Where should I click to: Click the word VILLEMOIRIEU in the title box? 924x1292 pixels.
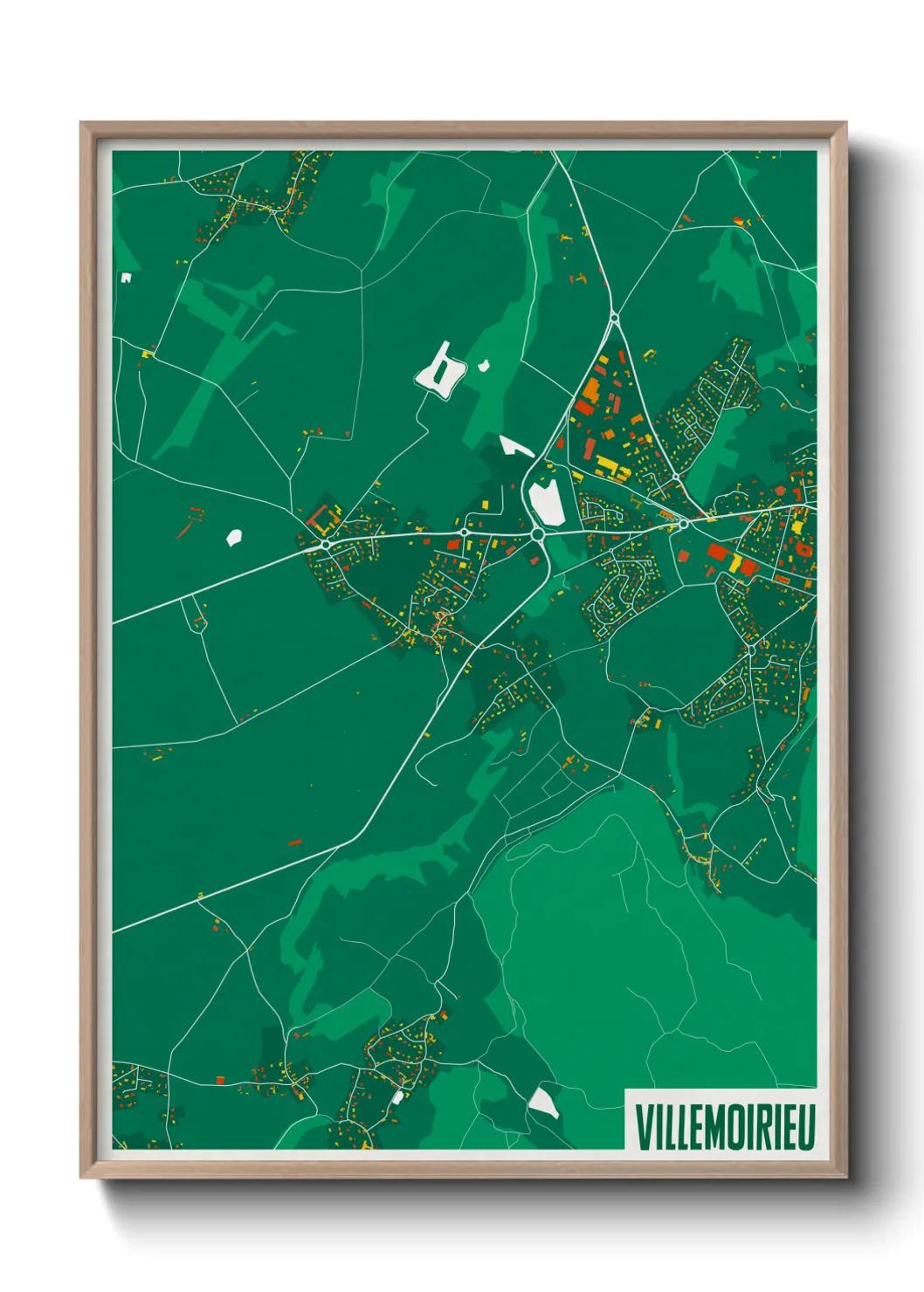724,1126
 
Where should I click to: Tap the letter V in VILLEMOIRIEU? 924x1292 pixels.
643,1126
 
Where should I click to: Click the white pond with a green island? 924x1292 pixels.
440,370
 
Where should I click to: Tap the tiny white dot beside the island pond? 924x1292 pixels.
483,366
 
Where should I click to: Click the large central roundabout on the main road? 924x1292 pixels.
538,533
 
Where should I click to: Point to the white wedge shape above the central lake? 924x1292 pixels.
516,446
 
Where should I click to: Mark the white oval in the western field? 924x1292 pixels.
233,538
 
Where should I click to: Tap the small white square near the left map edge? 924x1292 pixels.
126,278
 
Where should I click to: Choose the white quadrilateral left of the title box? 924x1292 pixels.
543,1102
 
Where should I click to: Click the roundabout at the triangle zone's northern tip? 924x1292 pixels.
614,318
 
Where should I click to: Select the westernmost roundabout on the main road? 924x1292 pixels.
326,544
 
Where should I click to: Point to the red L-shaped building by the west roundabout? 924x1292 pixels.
324,518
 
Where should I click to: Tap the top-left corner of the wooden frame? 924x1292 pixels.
81,123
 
